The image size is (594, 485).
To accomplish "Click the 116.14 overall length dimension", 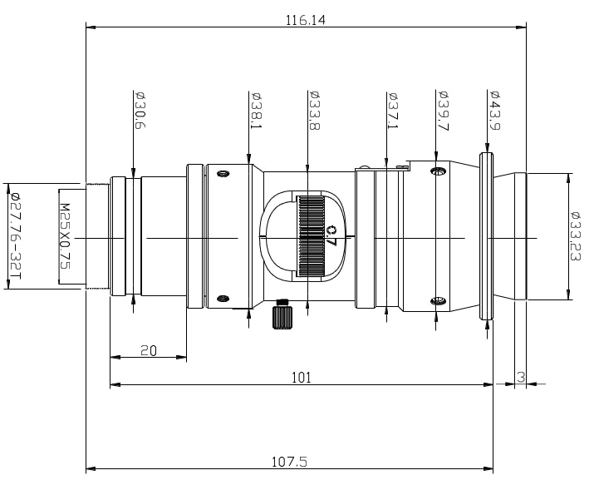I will coord(307,18).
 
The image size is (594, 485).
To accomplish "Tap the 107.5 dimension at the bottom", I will coord(290,460).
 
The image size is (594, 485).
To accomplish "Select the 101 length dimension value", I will coord(301,377).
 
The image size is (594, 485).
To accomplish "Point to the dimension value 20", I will coord(149,350).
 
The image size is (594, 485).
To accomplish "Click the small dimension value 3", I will coord(520,377).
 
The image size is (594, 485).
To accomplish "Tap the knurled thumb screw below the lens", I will coord(282,317).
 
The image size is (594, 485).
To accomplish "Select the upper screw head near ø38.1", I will coord(222,174).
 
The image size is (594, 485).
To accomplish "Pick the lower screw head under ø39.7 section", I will coord(439,301).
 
